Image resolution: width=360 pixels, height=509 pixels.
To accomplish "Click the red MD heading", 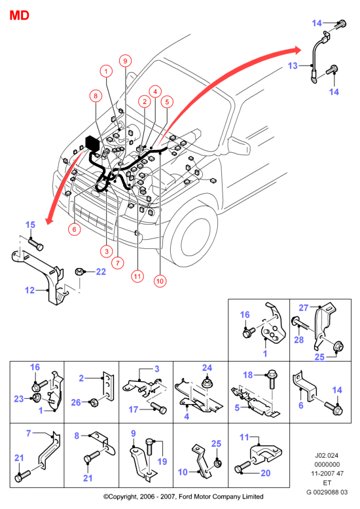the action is click(20, 15).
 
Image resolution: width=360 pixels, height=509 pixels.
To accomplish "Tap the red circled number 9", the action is click(125, 61).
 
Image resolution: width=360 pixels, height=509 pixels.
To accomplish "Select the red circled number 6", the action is click(74, 229).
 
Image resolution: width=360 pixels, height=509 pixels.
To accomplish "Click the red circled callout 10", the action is click(160, 281).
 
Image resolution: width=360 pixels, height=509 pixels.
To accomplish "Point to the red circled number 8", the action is click(96, 96).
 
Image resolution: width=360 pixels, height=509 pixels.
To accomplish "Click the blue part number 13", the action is click(293, 66).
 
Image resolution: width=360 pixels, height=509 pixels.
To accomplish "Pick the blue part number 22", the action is click(101, 272).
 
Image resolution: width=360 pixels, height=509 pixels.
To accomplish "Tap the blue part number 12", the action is click(29, 290).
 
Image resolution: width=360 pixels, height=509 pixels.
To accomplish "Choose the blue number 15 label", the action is click(30, 225).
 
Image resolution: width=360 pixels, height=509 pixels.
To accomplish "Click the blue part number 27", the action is click(304, 307).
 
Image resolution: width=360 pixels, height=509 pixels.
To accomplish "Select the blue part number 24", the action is click(207, 368).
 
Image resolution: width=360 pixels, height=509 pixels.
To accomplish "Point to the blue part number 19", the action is click(162, 461).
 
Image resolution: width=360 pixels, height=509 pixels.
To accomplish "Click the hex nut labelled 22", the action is click(79, 271).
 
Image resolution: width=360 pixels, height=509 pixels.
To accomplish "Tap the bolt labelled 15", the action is click(36, 244).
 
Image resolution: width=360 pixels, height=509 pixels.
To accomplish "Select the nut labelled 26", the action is click(94, 403).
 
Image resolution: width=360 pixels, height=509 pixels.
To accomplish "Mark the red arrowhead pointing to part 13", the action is click(296, 49).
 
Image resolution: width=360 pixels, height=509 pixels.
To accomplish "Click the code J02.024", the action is click(327, 455).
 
